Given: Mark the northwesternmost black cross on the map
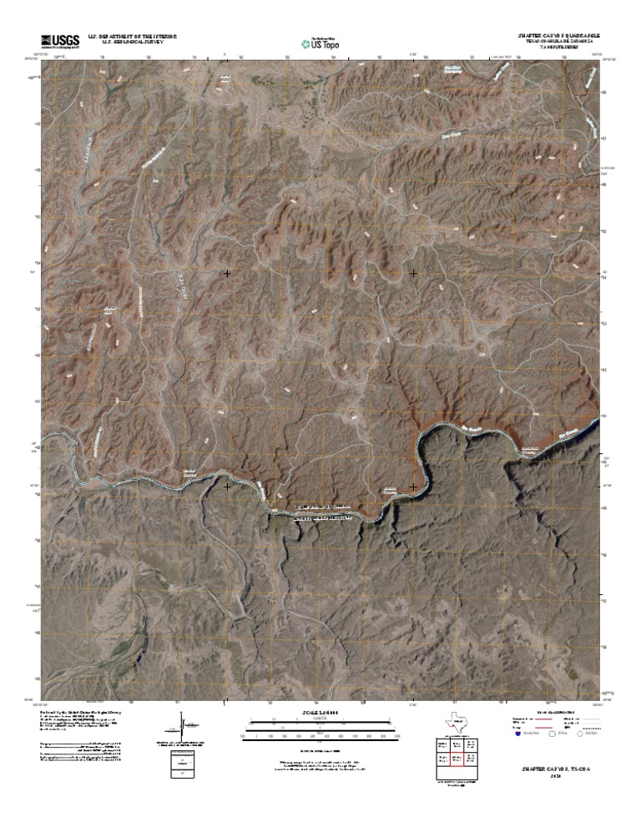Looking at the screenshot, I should (x=227, y=273).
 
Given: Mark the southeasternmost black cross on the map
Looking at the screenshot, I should (x=413, y=487).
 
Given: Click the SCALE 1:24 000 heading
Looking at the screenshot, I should (x=320, y=712).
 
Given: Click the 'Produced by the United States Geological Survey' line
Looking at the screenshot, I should (x=79, y=712).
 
